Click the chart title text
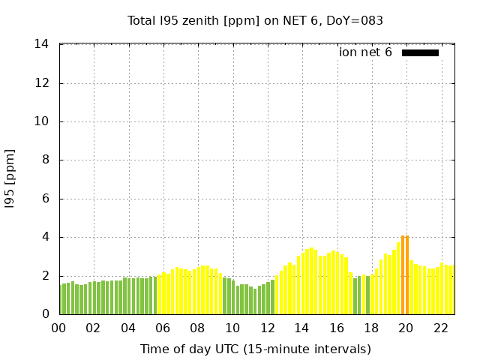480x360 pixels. [x=255, y=20]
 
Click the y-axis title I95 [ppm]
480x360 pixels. [x=10, y=179]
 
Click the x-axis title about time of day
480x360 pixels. [x=255, y=349]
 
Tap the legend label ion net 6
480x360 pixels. [x=365, y=52]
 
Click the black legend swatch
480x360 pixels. [x=420, y=52]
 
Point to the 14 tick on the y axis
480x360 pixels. [x=42, y=44]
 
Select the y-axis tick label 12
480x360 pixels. [x=42, y=83]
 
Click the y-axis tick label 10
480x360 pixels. [x=42, y=121]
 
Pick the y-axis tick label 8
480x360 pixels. [x=46, y=160]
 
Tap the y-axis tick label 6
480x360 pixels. [x=46, y=199]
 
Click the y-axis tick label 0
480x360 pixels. [x=46, y=314]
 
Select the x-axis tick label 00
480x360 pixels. [x=59, y=328]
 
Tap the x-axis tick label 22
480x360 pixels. [x=441, y=328]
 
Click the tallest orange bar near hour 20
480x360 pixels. [x=403, y=275]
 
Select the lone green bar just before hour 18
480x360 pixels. [x=367, y=295]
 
